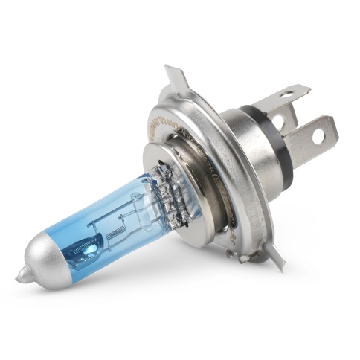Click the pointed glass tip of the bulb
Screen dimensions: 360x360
coord(19,279)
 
